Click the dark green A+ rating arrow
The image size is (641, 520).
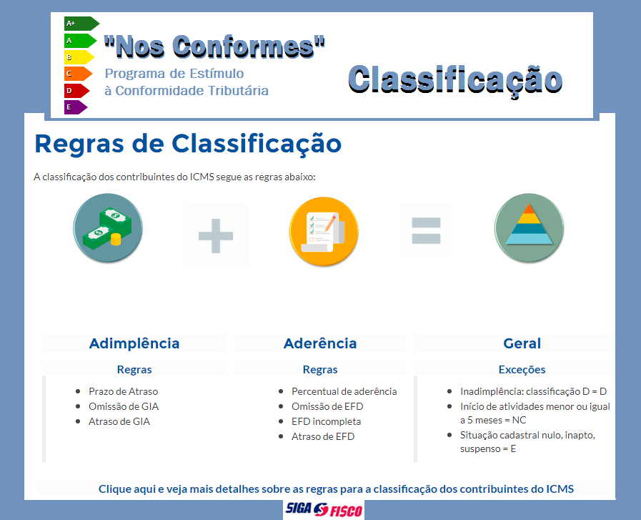tap(81, 24)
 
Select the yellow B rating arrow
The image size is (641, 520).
tap(79, 57)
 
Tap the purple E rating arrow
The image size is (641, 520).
tap(76, 107)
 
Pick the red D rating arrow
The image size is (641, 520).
tap(77, 90)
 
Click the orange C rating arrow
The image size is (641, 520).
tap(78, 74)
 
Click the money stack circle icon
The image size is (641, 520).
tap(108, 228)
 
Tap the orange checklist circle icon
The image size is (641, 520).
tap(324, 231)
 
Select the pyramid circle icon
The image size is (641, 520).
tap(529, 228)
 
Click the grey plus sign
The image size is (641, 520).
tap(215, 236)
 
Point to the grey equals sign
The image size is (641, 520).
tap(427, 231)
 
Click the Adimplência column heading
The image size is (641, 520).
tap(134, 343)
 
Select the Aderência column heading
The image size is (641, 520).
tap(320, 343)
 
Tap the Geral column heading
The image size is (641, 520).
tap(522, 343)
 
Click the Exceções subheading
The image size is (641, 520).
tap(522, 370)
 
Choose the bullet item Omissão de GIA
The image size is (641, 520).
tap(124, 406)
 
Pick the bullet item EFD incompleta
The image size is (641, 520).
tap(327, 421)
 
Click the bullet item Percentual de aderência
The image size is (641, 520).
tap(344, 391)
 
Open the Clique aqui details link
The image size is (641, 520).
tap(336, 489)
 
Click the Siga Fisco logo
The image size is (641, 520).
tap(324, 510)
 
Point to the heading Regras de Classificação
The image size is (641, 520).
tap(188, 144)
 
